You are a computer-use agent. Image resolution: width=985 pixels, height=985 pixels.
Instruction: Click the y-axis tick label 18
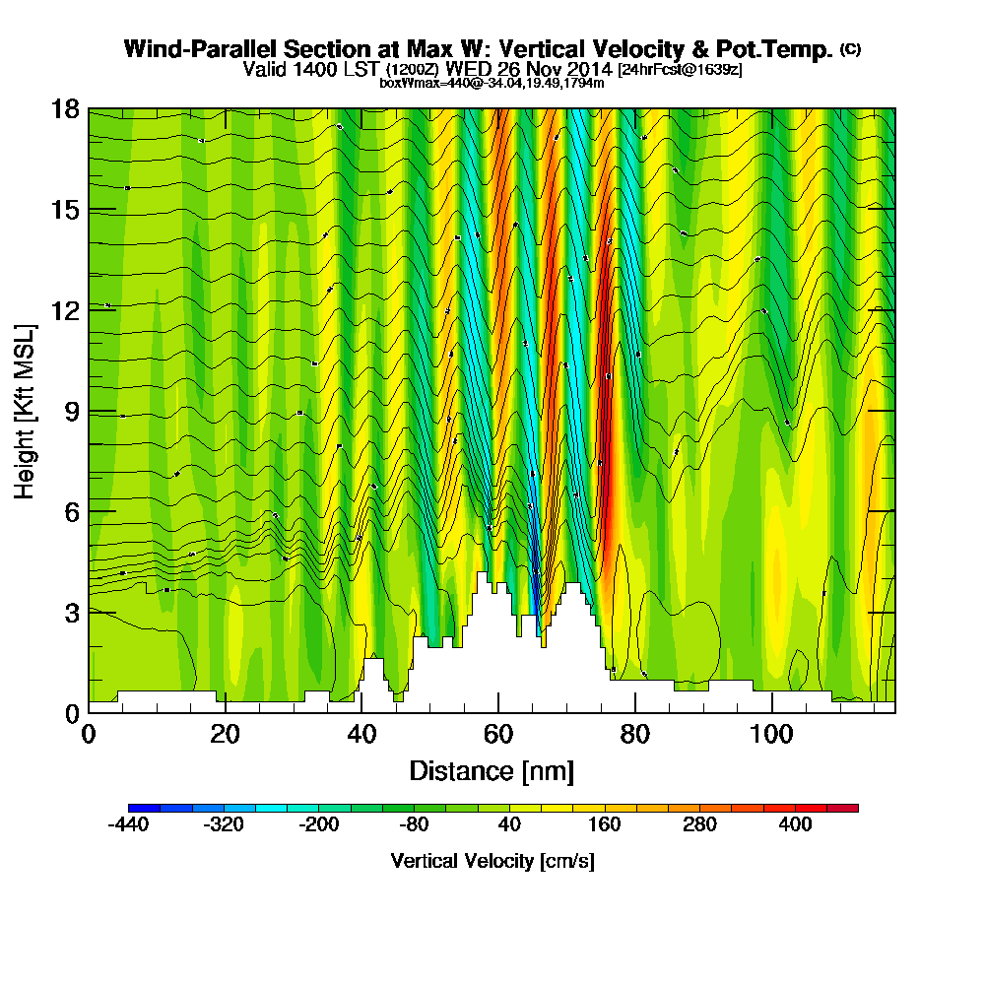pyautogui.click(x=65, y=109)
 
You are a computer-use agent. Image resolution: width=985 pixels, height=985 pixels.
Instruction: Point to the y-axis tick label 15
pyautogui.click(x=65, y=210)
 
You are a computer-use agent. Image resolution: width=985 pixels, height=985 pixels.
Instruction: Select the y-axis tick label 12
pyautogui.click(x=65, y=310)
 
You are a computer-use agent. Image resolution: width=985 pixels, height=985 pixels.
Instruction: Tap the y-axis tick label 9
pyautogui.click(x=72, y=411)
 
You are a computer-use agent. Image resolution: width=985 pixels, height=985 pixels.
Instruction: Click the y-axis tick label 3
pyautogui.click(x=72, y=612)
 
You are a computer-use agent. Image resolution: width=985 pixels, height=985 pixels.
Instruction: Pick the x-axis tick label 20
pyautogui.click(x=226, y=735)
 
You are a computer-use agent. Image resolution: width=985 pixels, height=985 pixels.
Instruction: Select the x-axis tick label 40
pyautogui.click(x=362, y=735)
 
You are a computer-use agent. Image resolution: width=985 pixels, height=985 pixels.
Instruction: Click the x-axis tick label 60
pyautogui.click(x=499, y=735)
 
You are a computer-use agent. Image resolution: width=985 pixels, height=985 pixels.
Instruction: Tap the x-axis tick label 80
pyautogui.click(x=636, y=735)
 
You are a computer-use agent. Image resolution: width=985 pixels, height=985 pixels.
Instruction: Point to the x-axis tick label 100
pyautogui.click(x=772, y=735)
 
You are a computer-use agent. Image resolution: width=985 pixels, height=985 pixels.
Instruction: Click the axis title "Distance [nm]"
pyautogui.click(x=492, y=770)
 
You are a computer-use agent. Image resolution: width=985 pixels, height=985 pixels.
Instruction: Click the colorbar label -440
pyautogui.click(x=127, y=824)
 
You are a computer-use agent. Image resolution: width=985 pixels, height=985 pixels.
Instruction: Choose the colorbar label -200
pyautogui.click(x=318, y=824)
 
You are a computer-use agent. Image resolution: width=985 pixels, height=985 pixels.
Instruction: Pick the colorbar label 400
pyautogui.click(x=795, y=824)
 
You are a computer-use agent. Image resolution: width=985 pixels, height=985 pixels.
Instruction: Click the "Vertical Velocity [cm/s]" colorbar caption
pyautogui.click(x=492, y=861)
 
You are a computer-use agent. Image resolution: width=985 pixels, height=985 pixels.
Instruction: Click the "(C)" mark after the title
pyautogui.click(x=850, y=49)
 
